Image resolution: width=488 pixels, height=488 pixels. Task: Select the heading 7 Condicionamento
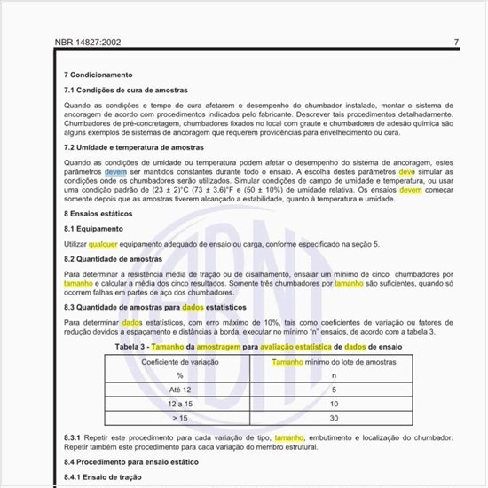point(98,75)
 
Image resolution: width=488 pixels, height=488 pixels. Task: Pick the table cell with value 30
point(334,418)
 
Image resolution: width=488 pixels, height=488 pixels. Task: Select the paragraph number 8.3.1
point(74,438)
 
